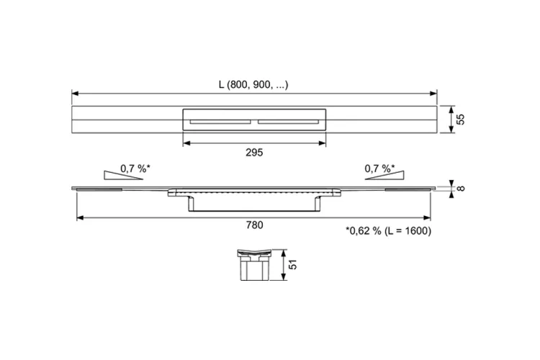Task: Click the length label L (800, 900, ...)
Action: (253, 84)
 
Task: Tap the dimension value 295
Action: (254, 152)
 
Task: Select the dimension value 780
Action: (254, 225)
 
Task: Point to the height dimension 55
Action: (460, 120)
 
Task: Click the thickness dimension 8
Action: (461, 189)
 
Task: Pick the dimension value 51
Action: (292, 264)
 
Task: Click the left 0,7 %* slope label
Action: (135, 168)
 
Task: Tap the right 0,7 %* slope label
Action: (379, 168)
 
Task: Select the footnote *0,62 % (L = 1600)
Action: (389, 230)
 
